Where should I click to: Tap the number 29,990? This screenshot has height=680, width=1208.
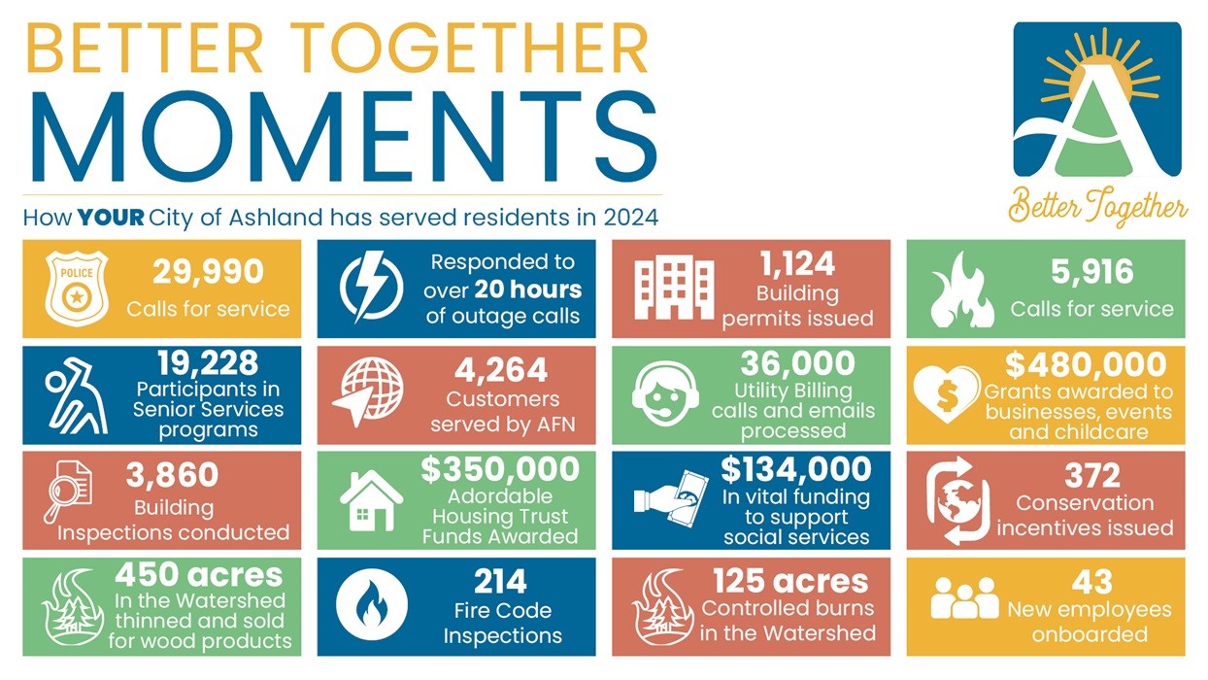(x=208, y=273)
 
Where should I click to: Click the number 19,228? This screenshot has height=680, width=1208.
(x=208, y=363)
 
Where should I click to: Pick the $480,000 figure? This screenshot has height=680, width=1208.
(x=1086, y=364)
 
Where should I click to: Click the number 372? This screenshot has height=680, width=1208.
(x=1091, y=476)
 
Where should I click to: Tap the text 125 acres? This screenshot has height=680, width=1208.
(x=789, y=581)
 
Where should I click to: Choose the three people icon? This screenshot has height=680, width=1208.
(x=963, y=599)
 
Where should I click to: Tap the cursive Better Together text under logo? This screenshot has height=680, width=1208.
(x=1097, y=207)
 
